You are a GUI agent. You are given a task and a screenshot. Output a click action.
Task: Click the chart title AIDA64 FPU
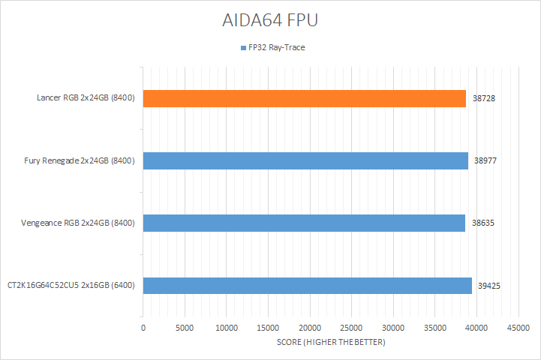pyautogui.click(x=271, y=21)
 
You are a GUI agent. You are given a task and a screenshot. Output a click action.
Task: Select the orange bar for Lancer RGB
pyautogui.click(x=304, y=98)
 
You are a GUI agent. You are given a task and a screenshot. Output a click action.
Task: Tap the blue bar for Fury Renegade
pyautogui.click(x=305, y=160)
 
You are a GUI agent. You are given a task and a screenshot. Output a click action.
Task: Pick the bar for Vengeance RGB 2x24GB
pyautogui.click(x=304, y=223)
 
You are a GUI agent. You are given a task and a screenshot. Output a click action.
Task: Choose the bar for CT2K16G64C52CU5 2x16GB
pyautogui.click(x=307, y=286)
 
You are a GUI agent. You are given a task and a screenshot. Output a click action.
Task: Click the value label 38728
pyautogui.click(x=485, y=98)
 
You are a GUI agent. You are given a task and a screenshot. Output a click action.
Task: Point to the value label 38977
pyautogui.click(x=486, y=160)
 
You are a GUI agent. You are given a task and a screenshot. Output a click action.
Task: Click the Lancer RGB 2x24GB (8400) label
pyautogui.click(x=86, y=98)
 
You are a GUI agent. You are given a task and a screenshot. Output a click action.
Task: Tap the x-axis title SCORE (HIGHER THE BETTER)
pyautogui.click(x=331, y=342)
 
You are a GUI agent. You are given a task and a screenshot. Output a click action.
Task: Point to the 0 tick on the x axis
pyautogui.click(x=143, y=328)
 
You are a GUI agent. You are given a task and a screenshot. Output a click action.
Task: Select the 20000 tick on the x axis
pyautogui.click(x=310, y=328)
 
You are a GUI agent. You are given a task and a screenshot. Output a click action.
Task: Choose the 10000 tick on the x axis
pyautogui.click(x=227, y=328)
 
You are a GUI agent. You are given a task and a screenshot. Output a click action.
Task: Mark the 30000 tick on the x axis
pyautogui.click(x=393, y=328)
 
